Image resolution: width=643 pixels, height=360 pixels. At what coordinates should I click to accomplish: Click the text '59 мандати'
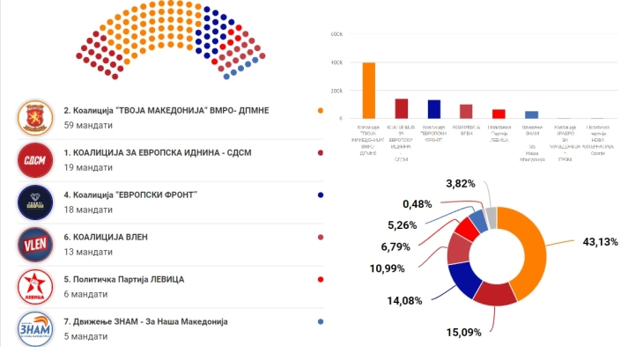point(87,125)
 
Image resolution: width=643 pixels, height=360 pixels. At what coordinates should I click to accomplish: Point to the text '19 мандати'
point(87,167)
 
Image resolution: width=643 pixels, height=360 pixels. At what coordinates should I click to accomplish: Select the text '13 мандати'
point(87,253)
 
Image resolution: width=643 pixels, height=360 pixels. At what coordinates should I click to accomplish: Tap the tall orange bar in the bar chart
point(369,90)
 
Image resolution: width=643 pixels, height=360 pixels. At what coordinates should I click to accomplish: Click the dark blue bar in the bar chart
point(433,108)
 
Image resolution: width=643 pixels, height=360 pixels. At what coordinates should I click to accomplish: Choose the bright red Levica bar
point(499,114)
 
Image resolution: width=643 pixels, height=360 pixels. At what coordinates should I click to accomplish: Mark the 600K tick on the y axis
point(336,34)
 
